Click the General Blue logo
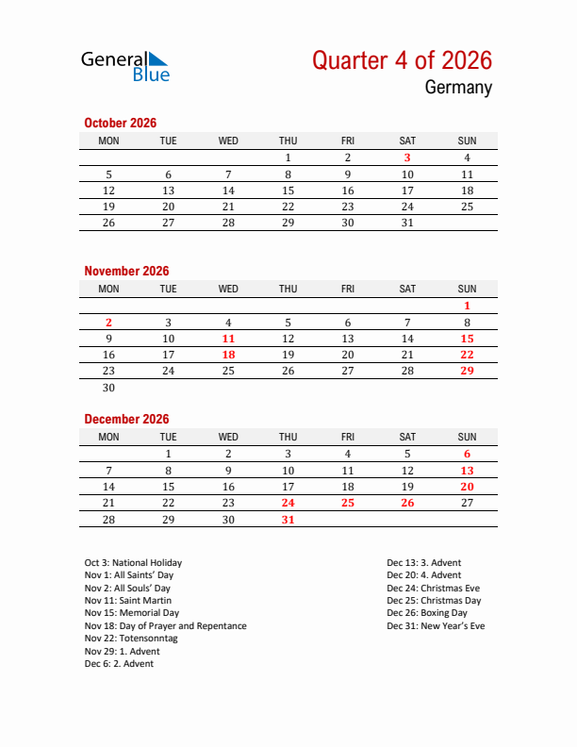tap(124, 65)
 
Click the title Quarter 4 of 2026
tap(402, 60)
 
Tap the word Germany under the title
tap(458, 88)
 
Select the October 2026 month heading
tap(120, 123)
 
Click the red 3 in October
tap(407, 158)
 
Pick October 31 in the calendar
tap(407, 223)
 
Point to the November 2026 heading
tap(126, 271)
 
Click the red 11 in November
tap(228, 339)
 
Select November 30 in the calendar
tap(108, 388)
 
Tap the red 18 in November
tap(228, 355)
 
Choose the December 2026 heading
tap(126, 419)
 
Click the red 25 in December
tap(348, 503)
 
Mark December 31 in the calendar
tap(288, 520)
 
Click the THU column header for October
tap(288, 141)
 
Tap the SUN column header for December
tap(467, 437)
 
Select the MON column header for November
tap(108, 289)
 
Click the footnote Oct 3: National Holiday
tap(133, 563)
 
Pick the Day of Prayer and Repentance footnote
tap(165, 626)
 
